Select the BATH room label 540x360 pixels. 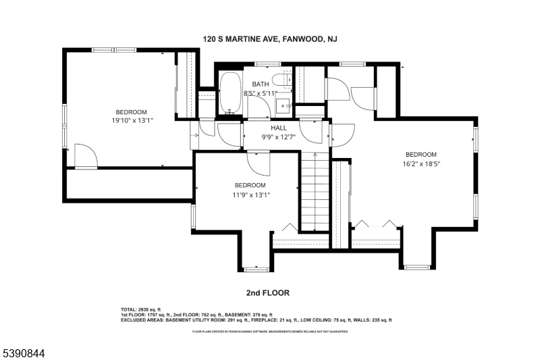[261, 84]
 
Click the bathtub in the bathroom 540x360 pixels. [229, 94]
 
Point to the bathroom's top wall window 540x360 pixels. [268, 64]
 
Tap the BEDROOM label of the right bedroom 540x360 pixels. [421, 154]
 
